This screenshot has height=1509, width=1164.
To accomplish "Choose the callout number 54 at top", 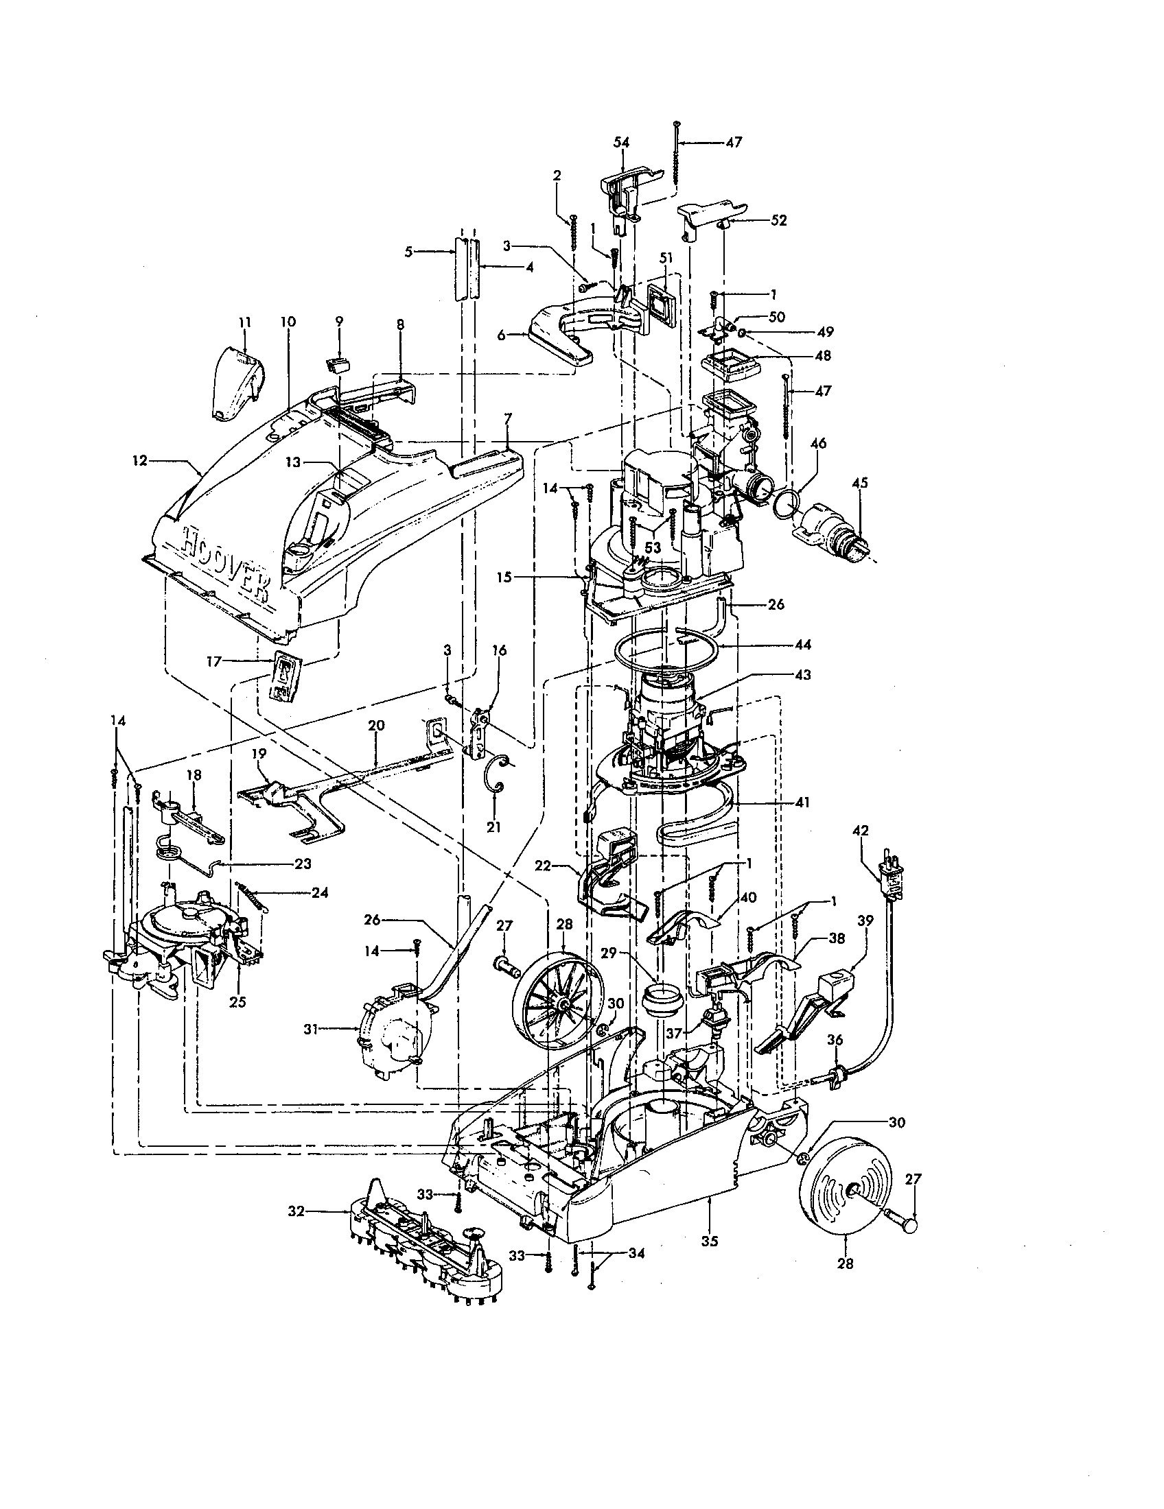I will [621, 142].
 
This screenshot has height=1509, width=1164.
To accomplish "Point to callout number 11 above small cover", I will [246, 322].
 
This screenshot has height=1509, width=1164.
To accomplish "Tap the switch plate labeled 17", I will [284, 676].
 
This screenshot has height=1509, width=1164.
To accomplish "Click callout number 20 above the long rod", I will [376, 725].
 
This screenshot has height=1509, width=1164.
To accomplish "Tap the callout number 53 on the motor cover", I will [651, 548].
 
